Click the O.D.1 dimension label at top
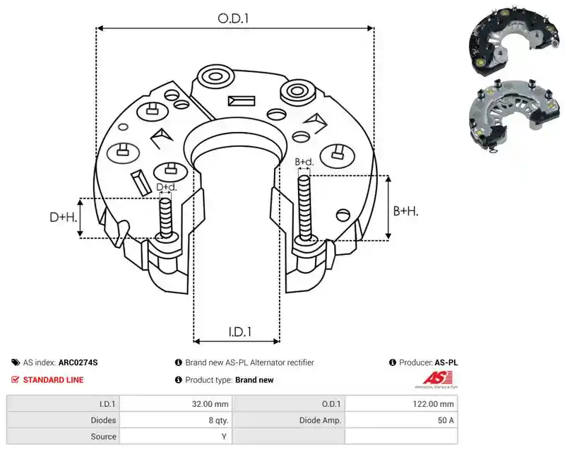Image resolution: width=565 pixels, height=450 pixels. [x=233, y=18]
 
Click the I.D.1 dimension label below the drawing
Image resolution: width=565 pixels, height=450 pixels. [x=240, y=331]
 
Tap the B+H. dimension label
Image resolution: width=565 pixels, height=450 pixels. [x=405, y=211]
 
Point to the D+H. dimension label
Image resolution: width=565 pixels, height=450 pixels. [x=64, y=217]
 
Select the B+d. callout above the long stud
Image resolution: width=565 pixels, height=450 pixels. [x=304, y=162]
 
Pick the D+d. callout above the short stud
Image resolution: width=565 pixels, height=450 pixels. [x=167, y=187]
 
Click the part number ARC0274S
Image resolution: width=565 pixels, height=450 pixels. [x=78, y=362]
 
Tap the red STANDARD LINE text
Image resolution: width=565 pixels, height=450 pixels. [x=54, y=380]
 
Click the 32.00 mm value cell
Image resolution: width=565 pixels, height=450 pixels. [x=176, y=404]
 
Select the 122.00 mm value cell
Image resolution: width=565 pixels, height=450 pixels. [x=401, y=404]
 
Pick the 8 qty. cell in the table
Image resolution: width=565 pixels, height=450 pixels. [x=176, y=420]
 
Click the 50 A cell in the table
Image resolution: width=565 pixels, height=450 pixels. [x=401, y=420]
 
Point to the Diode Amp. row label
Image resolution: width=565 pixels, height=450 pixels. [x=320, y=420]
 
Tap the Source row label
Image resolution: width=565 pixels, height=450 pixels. [x=103, y=437]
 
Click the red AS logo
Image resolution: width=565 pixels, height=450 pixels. [x=437, y=379]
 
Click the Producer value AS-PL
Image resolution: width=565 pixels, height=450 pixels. [x=446, y=362]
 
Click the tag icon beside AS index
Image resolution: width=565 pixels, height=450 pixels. [x=16, y=362]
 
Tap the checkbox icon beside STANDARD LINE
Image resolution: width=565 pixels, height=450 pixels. [x=15, y=380]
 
